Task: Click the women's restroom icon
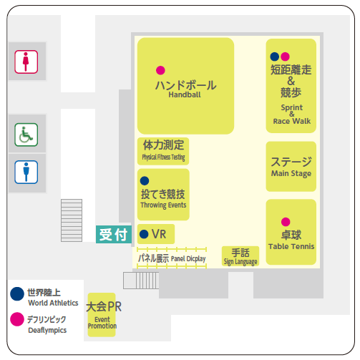(x=26, y=62)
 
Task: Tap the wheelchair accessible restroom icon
(x=26, y=135)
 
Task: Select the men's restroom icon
(x=26, y=172)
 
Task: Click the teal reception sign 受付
(x=114, y=234)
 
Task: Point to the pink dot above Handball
(x=160, y=70)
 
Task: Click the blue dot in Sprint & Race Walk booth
(x=275, y=57)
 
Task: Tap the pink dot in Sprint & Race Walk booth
(x=285, y=57)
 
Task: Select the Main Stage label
(x=291, y=173)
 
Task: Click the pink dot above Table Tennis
(x=286, y=222)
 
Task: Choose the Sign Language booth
(x=240, y=256)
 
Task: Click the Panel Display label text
(x=172, y=258)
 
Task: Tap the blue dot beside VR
(x=144, y=234)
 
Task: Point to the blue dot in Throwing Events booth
(x=145, y=181)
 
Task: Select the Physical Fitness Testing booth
(x=163, y=151)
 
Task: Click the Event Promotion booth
(x=102, y=315)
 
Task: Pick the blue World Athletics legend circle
(x=17, y=293)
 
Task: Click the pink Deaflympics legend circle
(x=17, y=319)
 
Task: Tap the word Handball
(x=185, y=94)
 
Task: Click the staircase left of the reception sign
(x=72, y=220)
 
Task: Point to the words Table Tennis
(x=291, y=246)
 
